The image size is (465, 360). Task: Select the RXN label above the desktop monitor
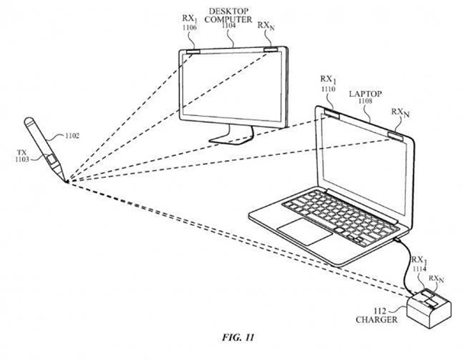pos(267,25)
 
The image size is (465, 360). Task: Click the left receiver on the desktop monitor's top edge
pos(191,52)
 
